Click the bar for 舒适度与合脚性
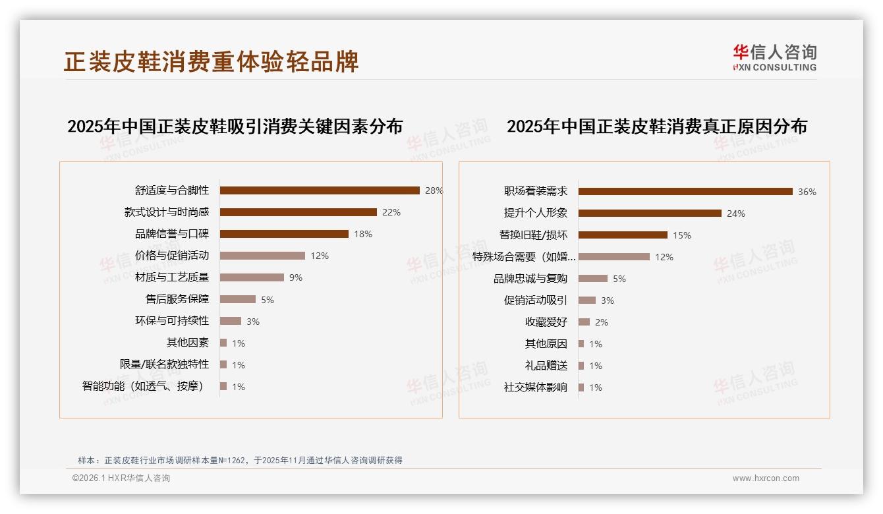point(320,190)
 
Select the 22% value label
point(391,212)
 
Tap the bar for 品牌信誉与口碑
point(284,234)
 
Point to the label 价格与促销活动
point(172,256)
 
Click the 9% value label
point(296,277)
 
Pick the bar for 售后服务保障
point(238,299)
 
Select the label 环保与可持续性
point(172,321)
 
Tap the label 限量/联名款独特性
point(164,364)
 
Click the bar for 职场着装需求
point(685,192)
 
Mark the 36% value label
point(807,192)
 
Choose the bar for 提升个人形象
point(650,214)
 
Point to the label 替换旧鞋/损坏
point(533,235)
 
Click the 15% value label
point(682,235)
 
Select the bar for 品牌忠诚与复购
point(593,279)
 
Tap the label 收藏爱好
point(546,322)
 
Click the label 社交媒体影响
point(536,387)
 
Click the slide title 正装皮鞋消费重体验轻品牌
point(212,62)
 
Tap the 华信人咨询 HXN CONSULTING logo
point(774,58)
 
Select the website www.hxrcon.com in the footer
point(766,478)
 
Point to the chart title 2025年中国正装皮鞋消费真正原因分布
point(656,127)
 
